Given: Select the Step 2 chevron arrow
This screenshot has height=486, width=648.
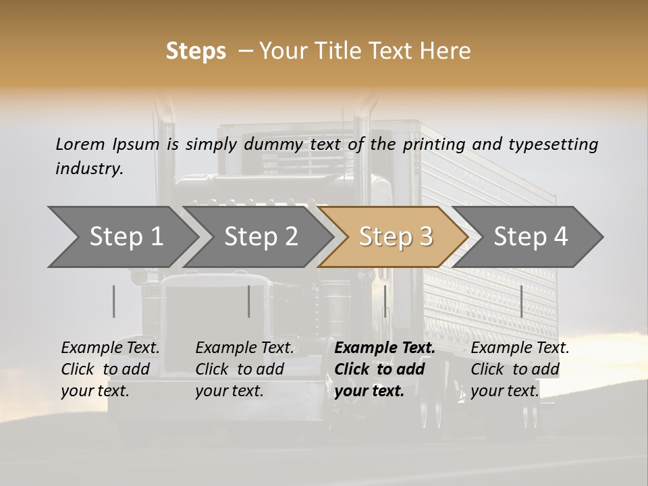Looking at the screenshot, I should click(x=260, y=237).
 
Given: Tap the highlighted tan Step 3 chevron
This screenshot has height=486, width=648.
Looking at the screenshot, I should click(x=395, y=237).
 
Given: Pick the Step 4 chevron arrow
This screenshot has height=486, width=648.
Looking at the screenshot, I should click(x=530, y=237).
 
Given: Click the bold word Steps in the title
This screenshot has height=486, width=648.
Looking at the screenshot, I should click(x=196, y=51).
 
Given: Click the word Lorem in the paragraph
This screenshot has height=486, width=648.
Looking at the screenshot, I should click(x=80, y=144).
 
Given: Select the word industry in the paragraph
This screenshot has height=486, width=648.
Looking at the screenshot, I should click(x=88, y=169).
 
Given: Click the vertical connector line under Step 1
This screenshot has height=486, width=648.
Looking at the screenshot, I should click(x=114, y=301).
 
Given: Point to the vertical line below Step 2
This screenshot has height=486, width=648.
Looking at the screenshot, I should click(x=249, y=301).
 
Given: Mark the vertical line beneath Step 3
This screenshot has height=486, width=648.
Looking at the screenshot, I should click(x=385, y=301).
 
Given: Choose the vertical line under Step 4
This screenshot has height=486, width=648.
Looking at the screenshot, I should click(x=521, y=301).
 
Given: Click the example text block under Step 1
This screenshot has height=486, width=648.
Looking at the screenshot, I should click(x=110, y=369).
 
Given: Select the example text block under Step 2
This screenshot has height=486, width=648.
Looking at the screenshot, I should click(x=244, y=369).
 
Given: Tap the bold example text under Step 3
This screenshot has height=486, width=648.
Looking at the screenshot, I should click(x=384, y=369).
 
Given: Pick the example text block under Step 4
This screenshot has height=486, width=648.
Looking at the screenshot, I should click(x=520, y=369).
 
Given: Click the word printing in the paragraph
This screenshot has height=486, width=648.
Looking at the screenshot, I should click(x=433, y=144).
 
